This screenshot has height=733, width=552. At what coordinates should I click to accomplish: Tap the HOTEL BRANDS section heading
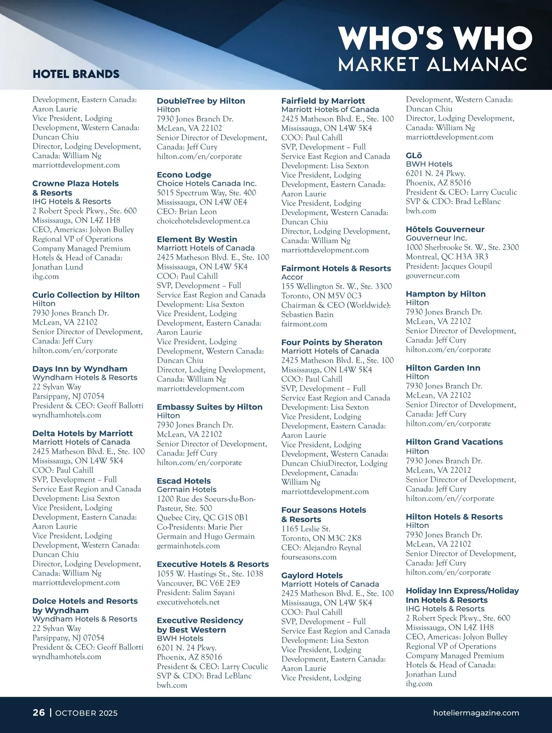pyautogui.click(x=76, y=74)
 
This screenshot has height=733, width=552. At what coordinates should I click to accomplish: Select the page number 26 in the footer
pyautogui.click(x=39, y=712)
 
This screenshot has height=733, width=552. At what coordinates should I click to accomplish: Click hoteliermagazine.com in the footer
pyautogui.click(x=476, y=713)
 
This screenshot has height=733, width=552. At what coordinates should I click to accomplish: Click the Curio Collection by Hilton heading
pyautogui.click(x=86, y=295)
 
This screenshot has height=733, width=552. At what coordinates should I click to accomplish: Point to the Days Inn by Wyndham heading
pyautogui.click(x=80, y=369)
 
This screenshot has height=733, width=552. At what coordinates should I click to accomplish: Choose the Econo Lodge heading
pyautogui.click(x=184, y=175)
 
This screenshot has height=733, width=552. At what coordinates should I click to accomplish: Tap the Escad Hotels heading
pyautogui.click(x=184, y=481)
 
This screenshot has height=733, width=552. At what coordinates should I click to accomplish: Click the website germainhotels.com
pyautogui.click(x=188, y=546)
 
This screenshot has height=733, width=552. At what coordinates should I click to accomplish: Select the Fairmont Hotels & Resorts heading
pyautogui.click(x=336, y=268)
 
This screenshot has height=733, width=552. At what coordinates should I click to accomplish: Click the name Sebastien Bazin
pyautogui.click(x=307, y=315)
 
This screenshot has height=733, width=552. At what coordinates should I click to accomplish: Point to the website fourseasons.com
pyautogui.click(x=309, y=557)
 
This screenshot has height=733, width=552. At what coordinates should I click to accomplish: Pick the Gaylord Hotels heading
pyautogui.click(x=312, y=575)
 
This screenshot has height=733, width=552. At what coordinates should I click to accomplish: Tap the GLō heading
pyautogui.click(x=414, y=155)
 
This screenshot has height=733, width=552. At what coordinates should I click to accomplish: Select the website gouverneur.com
pyautogui.click(x=432, y=275)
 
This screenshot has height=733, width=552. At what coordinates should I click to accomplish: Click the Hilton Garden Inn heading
pyautogui.click(x=443, y=368)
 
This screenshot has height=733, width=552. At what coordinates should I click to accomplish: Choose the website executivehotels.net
pyautogui.click(x=188, y=602)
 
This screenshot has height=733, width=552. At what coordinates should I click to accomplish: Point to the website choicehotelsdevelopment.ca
pyautogui.click(x=203, y=221)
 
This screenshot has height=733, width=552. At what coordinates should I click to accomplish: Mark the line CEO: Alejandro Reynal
pyautogui.click(x=321, y=548)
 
